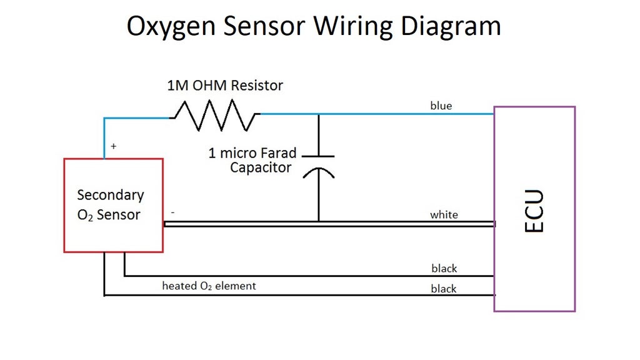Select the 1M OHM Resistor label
coord(225,85)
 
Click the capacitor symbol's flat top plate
coord(318,156)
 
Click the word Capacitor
coord(261,167)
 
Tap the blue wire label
coord(441,106)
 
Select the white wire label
coord(444,214)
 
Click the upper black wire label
coord(444,268)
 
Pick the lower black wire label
coord(444,289)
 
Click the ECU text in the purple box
coord(534,211)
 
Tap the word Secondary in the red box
coord(111,195)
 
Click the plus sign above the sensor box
coord(113,146)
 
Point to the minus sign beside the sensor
coord(172,212)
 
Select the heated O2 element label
coord(209,286)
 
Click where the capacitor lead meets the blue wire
coord(318,114)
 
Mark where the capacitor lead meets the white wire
coord(318,221)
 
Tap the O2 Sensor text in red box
coord(109,215)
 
